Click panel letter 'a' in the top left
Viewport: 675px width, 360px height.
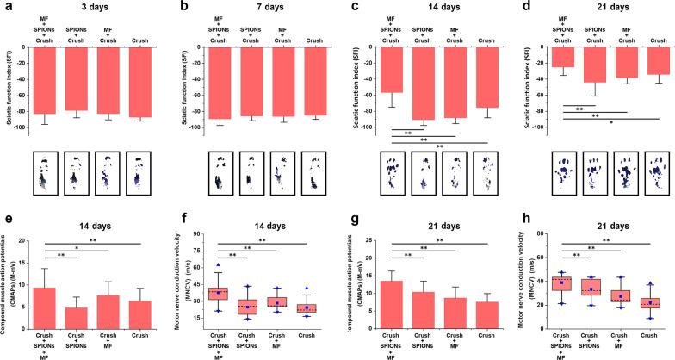pyautogui.click(x=5, y=7)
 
